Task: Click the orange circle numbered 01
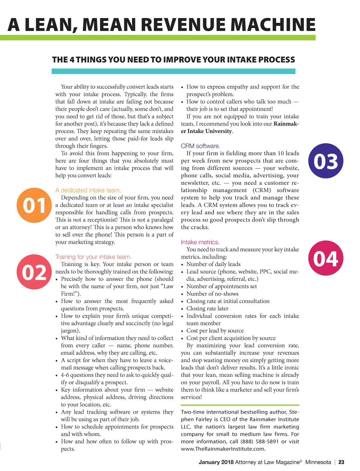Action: [x=34, y=205]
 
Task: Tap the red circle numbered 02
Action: [x=34, y=272]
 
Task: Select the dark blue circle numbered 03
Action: [x=326, y=161]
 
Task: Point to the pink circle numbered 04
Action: [x=326, y=258]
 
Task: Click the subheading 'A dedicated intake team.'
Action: [x=88, y=190]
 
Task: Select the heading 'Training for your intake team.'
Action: [x=93, y=257]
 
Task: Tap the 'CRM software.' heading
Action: [x=200, y=146]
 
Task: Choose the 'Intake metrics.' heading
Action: [x=200, y=242]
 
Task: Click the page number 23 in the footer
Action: [x=341, y=462]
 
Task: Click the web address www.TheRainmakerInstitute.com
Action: [x=223, y=449]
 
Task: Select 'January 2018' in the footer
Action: [x=216, y=462]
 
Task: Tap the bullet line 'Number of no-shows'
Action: [x=212, y=294]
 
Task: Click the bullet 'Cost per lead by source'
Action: [x=215, y=331]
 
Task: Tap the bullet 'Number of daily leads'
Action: [x=213, y=264]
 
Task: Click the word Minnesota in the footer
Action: [x=318, y=462]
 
